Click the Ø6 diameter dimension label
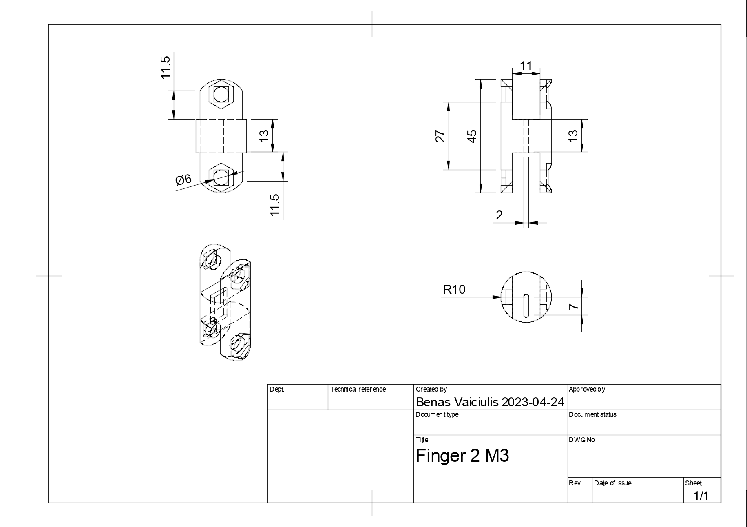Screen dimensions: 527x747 [x=183, y=179]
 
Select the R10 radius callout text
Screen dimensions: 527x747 [x=454, y=290]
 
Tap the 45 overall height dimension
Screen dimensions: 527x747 [x=472, y=136]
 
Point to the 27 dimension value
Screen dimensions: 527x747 [x=440, y=136]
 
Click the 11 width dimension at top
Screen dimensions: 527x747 [x=526, y=66]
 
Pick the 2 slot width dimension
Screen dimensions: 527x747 [x=499, y=215]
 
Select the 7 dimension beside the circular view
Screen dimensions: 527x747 [x=574, y=306]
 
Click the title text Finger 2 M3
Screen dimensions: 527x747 [x=462, y=456]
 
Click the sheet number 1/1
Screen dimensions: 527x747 [x=701, y=496]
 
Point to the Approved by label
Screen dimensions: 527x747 [x=587, y=389]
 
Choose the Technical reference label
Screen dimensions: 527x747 [x=358, y=389]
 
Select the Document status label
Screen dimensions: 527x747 [x=592, y=414]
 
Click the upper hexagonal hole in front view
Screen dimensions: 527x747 [x=221, y=94]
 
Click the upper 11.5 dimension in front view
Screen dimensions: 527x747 [x=165, y=67]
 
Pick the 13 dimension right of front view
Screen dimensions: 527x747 [x=264, y=135]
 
